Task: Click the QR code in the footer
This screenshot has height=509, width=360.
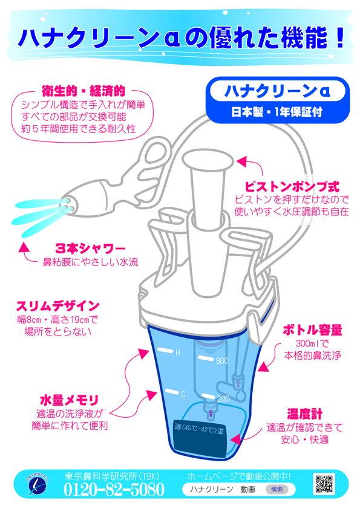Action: [x=324, y=484]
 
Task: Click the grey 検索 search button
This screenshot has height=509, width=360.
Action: [x=277, y=490]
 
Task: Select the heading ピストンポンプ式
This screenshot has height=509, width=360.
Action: [x=292, y=187]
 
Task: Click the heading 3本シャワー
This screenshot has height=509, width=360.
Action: [x=91, y=248]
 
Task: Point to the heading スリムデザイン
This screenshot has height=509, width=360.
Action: [x=58, y=306]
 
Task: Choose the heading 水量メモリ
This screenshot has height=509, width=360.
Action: [x=69, y=400]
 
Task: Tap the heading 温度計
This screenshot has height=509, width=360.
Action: [x=304, y=414]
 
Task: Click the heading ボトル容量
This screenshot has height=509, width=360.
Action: [x=312, y=330]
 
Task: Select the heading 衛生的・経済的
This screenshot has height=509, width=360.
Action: [x=83, y=91]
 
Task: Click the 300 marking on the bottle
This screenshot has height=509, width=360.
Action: [x=222, y=361]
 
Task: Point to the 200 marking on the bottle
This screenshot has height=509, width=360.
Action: [x=223, y=398]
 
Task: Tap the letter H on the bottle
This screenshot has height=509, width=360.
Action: [x=178, y=353]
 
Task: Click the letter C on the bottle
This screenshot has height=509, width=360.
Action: [x=183, y=394]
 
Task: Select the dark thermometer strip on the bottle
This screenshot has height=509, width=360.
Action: [x=200, y=438]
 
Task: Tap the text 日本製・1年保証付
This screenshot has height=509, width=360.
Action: [x=277, y=112]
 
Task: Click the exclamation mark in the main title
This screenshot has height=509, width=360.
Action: [x=340, y=38]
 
